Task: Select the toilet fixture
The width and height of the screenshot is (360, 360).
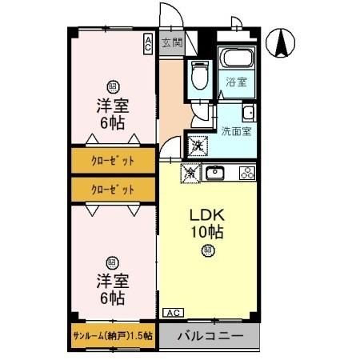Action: tap(198, 78)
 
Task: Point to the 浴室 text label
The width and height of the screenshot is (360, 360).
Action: tap(236, 82)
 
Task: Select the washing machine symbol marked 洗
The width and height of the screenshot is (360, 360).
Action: tap(198, 146)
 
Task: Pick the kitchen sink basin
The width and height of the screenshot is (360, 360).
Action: tap(216, 172)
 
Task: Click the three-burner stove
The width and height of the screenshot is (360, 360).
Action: tap(246, 172)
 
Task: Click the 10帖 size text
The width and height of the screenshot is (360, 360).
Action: tap(206, 233)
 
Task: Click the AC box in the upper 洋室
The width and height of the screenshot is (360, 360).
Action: tap(148, 44)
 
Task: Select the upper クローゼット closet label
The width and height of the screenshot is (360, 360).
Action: tap(112, 160)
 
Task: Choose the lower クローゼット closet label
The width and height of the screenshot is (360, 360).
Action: tap(112, 189)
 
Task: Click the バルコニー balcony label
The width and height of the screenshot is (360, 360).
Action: tap(210, 335)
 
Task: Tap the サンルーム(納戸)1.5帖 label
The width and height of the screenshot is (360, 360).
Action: tap(113, 336)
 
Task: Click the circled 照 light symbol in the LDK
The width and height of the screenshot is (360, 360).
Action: tap(206, 251)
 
